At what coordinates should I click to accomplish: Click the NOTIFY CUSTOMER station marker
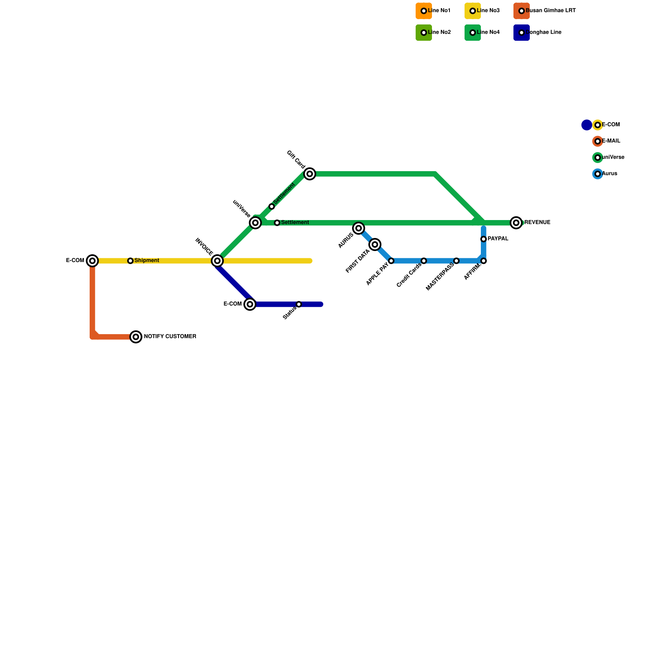136,337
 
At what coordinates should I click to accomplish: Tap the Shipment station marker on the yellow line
130,261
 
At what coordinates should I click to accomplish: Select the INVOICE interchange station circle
218,261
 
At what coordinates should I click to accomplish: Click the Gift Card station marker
310,174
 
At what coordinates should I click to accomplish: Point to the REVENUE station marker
516,222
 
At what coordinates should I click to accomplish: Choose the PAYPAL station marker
483,239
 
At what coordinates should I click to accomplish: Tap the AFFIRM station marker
483,261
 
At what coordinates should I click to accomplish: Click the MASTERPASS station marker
456,261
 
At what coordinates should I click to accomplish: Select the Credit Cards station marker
424,261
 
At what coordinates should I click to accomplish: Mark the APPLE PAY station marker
391,261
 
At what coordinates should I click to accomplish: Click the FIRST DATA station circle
375,244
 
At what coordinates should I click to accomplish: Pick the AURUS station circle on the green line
359,228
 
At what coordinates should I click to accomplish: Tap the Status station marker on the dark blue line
299,304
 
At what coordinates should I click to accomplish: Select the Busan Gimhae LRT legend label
551,11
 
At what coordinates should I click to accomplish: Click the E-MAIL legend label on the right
611,141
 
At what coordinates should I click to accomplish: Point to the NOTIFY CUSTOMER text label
170,337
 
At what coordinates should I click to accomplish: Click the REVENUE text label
537,222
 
